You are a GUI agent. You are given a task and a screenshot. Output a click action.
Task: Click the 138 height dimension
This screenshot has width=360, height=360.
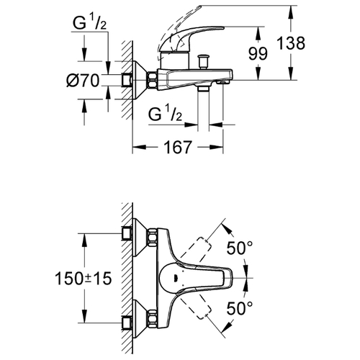291,43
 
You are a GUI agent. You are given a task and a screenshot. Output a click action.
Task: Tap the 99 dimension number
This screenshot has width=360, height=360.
258,53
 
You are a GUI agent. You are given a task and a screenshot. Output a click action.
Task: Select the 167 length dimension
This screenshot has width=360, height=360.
178,147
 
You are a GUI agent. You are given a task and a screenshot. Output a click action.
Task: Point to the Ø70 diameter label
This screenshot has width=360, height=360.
83,80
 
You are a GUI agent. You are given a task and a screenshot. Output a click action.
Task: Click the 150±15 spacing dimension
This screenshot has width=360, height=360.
84,279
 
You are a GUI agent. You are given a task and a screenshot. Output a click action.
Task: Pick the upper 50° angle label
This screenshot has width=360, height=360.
240,248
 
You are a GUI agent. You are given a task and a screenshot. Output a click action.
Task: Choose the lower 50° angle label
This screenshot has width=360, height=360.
240,308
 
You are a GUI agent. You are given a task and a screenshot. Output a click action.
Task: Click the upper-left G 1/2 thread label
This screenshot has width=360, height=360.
89,23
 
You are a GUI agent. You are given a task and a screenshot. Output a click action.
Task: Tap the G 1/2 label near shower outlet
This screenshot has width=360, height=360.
165,114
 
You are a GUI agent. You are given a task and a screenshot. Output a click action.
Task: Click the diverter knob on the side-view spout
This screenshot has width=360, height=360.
203,62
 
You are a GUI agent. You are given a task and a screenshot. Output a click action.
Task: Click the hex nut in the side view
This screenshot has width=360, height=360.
153,80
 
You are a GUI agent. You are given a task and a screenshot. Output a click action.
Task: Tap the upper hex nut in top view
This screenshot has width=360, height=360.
153,238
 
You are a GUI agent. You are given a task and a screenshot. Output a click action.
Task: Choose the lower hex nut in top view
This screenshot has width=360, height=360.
153,318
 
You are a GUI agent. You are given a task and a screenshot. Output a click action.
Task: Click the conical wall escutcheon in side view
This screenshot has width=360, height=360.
140,80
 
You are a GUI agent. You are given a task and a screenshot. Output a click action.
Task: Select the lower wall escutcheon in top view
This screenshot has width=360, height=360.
140,318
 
